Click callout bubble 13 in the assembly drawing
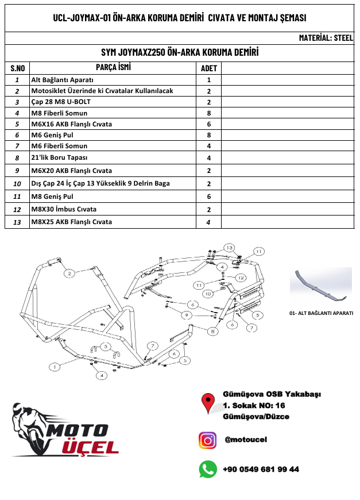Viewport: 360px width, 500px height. [x=230, y=247]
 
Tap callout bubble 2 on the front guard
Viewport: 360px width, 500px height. [x=69, y=274]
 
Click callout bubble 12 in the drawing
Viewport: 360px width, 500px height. [x=241, y=278]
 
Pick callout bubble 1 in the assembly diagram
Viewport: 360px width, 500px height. [x=55, y=366]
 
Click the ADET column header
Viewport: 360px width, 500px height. [x=208, y=68]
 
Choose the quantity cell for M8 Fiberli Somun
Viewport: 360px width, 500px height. [x=209, y=113]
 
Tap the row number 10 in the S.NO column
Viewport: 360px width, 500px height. [x=17, y=184]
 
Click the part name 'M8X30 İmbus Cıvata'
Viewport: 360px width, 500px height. [x=64, y=209]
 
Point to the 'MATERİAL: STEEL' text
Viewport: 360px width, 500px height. [x=326, y=38]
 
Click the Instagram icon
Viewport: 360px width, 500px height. [x=207, y=440]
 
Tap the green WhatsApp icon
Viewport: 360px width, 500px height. [x=207, y=469]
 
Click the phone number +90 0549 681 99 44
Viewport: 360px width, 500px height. [x=261, y=470]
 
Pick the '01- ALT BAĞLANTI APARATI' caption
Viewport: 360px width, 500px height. [x=321, y=313]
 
